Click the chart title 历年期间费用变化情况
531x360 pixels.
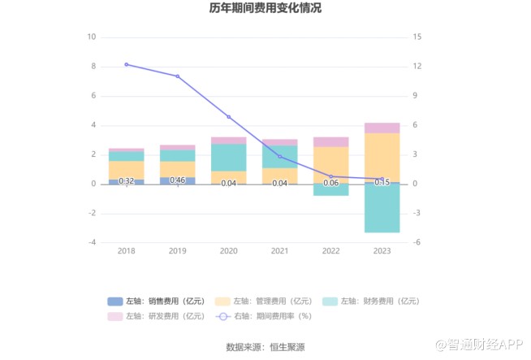[x=265, y=9]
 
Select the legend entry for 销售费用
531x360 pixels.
[x=155, y=301]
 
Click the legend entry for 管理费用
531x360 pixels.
[x=261, y=301]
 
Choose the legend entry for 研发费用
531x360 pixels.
[x=155, y=316]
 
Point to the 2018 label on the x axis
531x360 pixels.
[x=126, y=252]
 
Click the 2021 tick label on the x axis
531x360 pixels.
[x=279, y=252]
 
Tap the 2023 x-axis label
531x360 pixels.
[x=382, y=252]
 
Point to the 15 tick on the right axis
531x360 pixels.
[x=417, y=37]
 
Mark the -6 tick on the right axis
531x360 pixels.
[x=416, y=242]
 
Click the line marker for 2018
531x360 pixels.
[x=126, y=64]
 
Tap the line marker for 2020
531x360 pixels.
[x=228, y=117]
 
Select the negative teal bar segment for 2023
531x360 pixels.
[x=382, y=209]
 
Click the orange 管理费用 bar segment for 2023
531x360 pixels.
[x=382, y=158]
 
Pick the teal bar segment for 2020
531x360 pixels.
[x=228, y=157]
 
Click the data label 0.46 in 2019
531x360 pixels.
[x=177, y=180]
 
